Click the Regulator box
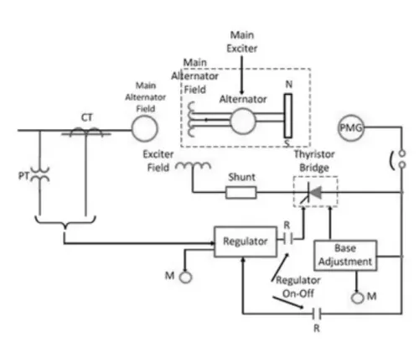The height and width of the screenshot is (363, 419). (246, 241)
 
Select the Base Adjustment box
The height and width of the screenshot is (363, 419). (345, 255)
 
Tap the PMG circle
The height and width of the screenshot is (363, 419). (351, 127)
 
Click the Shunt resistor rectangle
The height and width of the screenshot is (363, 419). (241, 193)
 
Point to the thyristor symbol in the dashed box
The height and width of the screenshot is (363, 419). (313, 193)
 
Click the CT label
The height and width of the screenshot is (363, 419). (87, 117)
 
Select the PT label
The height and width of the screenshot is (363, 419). (23, 176)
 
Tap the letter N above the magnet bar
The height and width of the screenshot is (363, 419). (289, 84)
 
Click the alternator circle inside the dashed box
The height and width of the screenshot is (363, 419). (243, 121)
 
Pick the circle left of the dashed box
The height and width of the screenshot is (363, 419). (145, 129)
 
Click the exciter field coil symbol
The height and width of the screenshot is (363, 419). (193, 166)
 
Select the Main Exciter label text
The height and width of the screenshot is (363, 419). (242, 42)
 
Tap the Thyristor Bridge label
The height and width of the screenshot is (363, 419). (314, 161)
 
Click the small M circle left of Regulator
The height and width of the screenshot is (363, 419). (185, 277)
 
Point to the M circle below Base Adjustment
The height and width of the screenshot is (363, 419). (357, 298)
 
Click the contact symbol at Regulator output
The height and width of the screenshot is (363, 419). (287, 239)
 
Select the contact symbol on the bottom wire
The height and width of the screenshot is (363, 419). (317, 314)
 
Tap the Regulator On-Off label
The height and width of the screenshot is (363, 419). (298, 287)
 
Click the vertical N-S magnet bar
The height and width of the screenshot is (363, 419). (288, 116)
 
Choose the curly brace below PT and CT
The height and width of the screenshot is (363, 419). (65, 221)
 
